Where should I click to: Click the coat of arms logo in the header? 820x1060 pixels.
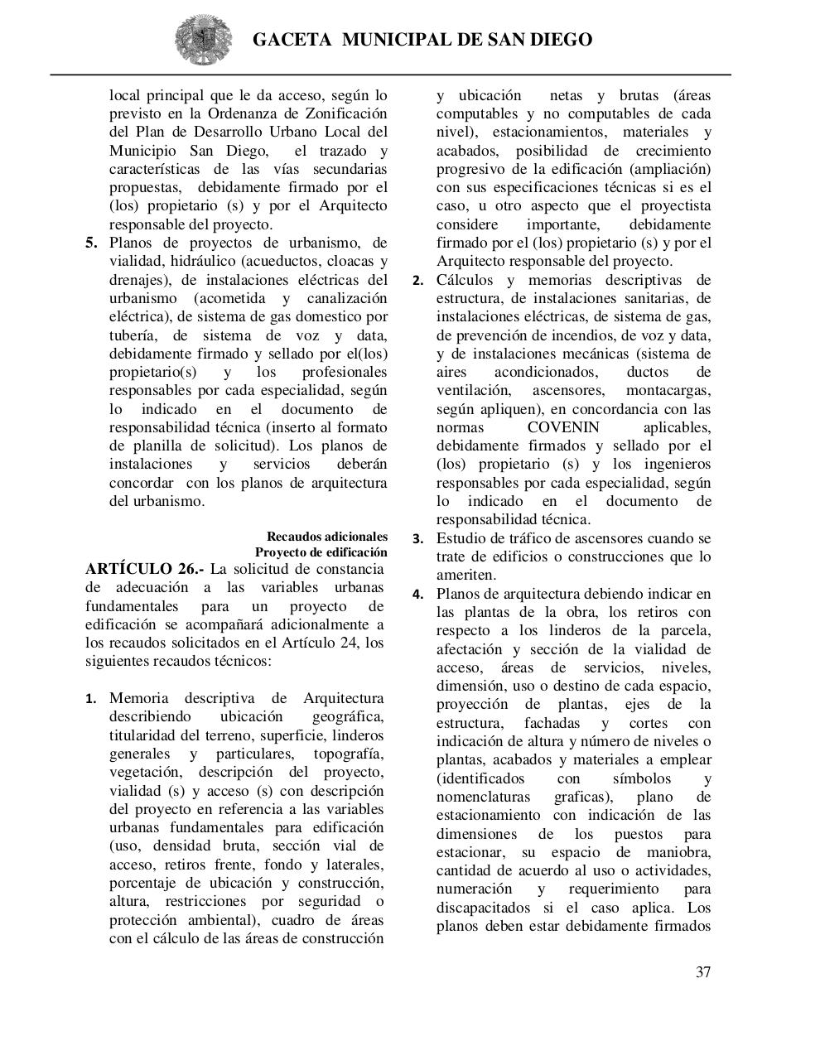(202, 39)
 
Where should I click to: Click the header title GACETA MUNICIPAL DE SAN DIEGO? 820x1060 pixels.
(422, 40)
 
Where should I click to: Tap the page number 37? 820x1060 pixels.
(702, 972)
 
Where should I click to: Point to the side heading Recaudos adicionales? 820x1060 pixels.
(326, 537)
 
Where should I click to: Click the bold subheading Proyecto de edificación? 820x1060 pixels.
(321, 552)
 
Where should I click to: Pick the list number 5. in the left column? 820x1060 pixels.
(92, 243)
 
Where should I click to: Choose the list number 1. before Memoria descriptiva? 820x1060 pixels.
(93, 699)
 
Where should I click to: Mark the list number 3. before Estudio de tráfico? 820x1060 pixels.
(419, 539)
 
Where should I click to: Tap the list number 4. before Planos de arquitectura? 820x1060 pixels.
(419, 595)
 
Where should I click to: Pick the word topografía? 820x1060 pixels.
(348, 754)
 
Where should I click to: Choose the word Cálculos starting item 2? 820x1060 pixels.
(466, 280)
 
